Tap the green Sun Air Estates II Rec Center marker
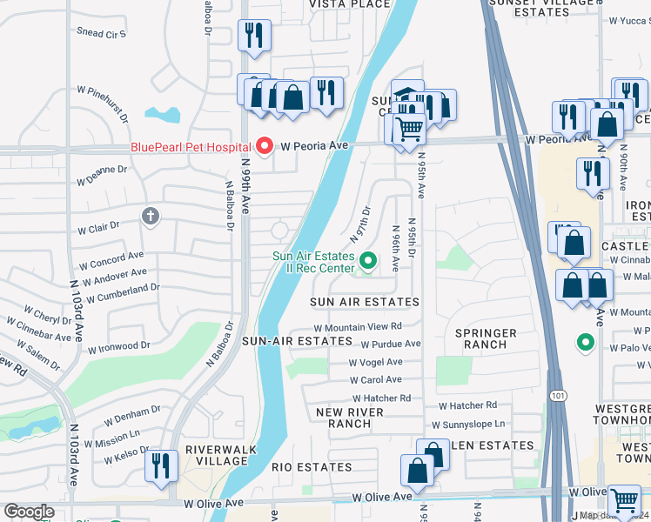point(368,260)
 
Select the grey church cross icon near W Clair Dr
point(151,216)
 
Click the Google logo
point(29,512)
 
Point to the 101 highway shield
point(556,397)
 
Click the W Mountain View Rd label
point(358,327)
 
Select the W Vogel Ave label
point(376,362)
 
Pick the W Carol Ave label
point(376,379)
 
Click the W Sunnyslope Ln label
point(468,425)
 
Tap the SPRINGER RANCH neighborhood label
point(486,338)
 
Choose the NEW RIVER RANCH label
point(343,418)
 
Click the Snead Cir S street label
point(101,34)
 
